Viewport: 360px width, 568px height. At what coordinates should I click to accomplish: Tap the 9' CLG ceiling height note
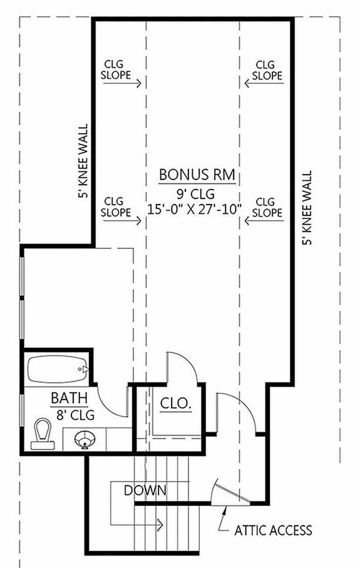pos(197,194)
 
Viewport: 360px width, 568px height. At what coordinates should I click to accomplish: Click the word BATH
pos(65,398)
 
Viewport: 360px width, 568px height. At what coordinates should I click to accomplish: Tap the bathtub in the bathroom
pos(57,372)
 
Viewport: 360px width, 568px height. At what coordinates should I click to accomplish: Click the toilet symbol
pos(42,434)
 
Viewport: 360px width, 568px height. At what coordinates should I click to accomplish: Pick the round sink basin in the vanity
pos(85,440)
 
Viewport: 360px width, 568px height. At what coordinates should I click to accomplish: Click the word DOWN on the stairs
pos(145,490)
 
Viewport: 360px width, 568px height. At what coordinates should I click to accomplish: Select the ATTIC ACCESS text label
pos(273,531)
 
